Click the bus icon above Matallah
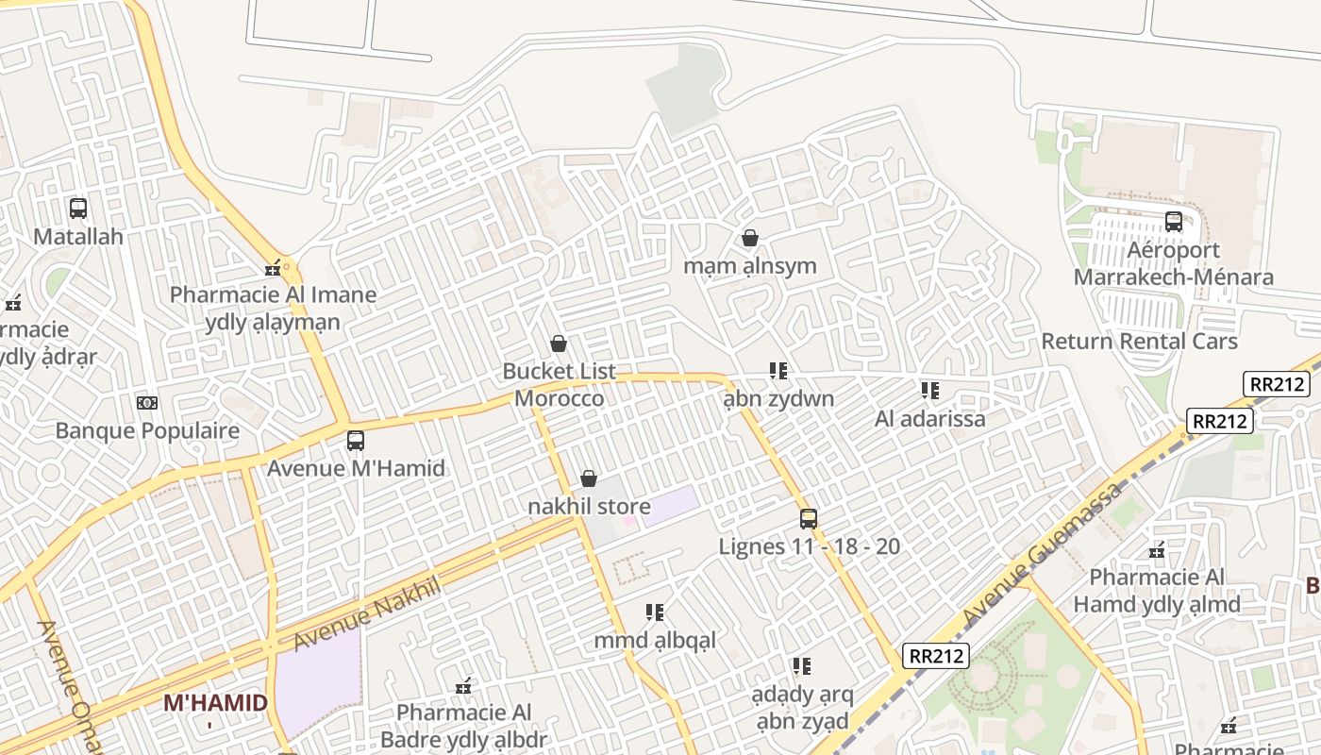coord(78,209)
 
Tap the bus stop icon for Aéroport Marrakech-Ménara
coord(1174,222)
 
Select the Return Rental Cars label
coord(1139,341)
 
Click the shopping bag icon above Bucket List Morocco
coord(559,344)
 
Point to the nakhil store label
coord(589,507)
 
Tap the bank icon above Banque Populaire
coord(147,403)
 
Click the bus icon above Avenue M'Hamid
coord(356,440)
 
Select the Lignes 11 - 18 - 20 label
coord(809,546)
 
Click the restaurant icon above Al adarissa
coord(930,391)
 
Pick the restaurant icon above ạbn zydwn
coord(778,371)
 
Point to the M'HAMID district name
coord(215,703)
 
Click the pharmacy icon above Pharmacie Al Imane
coord(273,268)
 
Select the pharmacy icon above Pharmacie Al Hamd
coord(1157,550)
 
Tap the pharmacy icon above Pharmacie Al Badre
coord(463,685)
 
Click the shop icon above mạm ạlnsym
coord(750,238)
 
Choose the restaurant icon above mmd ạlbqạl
coord(655,612)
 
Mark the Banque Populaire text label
coord(147,431)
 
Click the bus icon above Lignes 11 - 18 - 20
coord(809,518)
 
